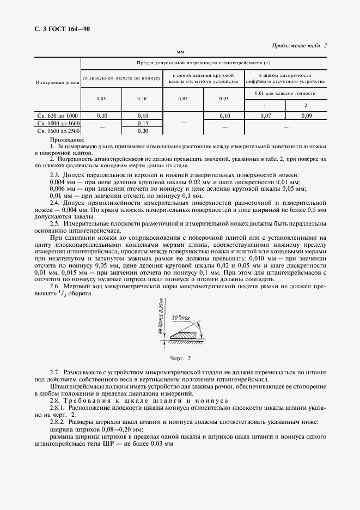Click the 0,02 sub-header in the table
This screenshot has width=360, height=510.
tap(183, 99)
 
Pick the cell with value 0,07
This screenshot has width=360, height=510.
tap(265, 116)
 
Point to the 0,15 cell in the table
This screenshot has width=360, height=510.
tap(142, 123)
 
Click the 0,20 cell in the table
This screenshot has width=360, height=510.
tap(142, 131)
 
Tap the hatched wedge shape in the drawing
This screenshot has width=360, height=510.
tap(186, 336)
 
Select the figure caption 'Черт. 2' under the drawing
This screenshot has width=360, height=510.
tap(180, 359)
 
